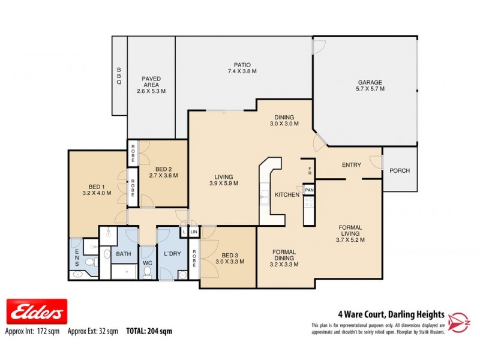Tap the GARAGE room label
point(370,82)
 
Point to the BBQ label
point(119,76)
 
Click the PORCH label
point(400,171)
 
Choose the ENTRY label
point(351,165)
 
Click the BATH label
point(124,254)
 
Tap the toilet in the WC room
point(147,270)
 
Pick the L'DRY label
point(172,254)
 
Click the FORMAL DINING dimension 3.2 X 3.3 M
point(284,264)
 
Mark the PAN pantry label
point(309,190)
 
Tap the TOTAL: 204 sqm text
point(149,331)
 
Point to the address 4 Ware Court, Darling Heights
point(389,314)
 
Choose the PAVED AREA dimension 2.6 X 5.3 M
point(151,91)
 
